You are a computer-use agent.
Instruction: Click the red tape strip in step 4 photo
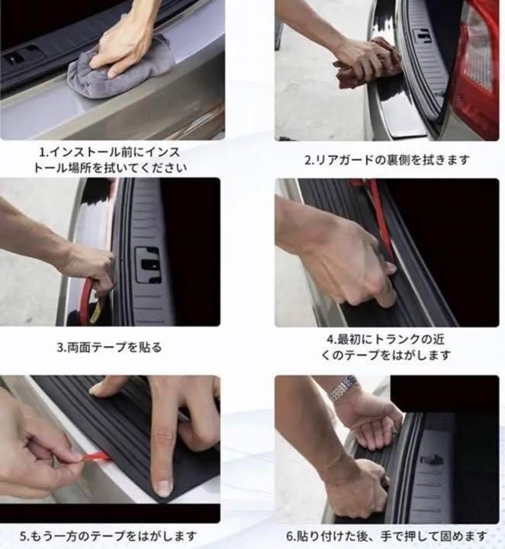pos(381,221)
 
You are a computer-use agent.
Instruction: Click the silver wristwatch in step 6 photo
pos(343,388)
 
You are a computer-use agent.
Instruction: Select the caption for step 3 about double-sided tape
pos(109,347)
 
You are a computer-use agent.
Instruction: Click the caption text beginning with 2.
pos(387,160)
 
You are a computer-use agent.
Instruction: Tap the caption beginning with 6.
pos(387,535)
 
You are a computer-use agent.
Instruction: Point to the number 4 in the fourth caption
pos(331,339)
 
